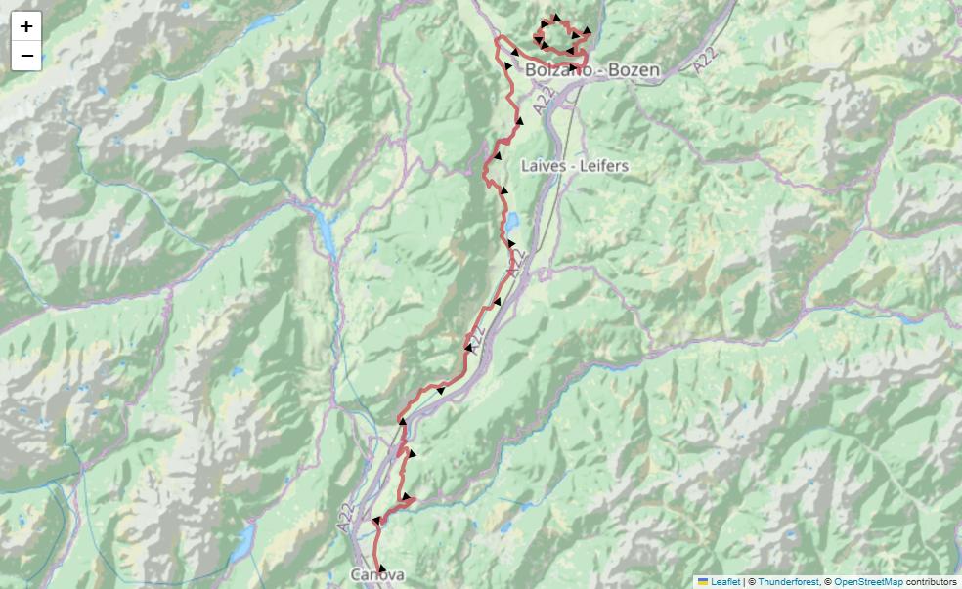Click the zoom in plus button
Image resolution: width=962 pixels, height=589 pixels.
point(26,26)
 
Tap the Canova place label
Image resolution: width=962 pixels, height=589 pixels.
point(377,575)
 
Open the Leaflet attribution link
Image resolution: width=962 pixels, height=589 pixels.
point(725,581)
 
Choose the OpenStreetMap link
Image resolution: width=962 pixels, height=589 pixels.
point(868,581)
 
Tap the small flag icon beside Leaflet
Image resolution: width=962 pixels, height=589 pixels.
point(702,581)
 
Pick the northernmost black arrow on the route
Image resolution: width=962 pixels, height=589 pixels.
point(554,18)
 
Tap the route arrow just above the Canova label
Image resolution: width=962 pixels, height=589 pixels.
point(381,568)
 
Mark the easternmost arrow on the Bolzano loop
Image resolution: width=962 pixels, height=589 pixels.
point(586,32)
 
